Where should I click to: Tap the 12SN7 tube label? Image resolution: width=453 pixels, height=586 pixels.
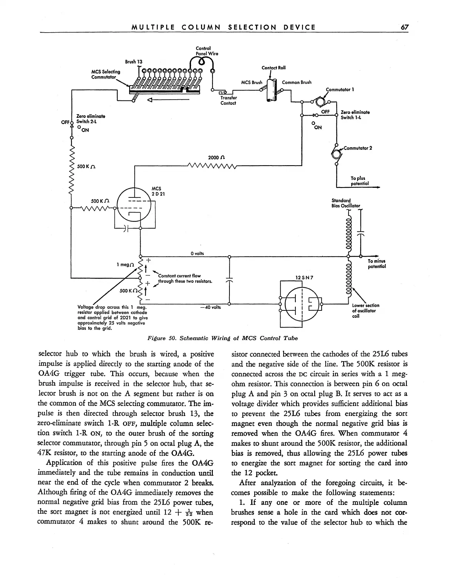point(302,277)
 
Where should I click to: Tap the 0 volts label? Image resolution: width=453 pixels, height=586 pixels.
point(197,253)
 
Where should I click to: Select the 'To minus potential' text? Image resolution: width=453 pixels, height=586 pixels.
point(376,263)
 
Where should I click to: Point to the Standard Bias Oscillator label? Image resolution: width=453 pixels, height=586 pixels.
point(346,203)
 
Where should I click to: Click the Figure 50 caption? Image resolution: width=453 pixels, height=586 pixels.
point(222,338)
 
